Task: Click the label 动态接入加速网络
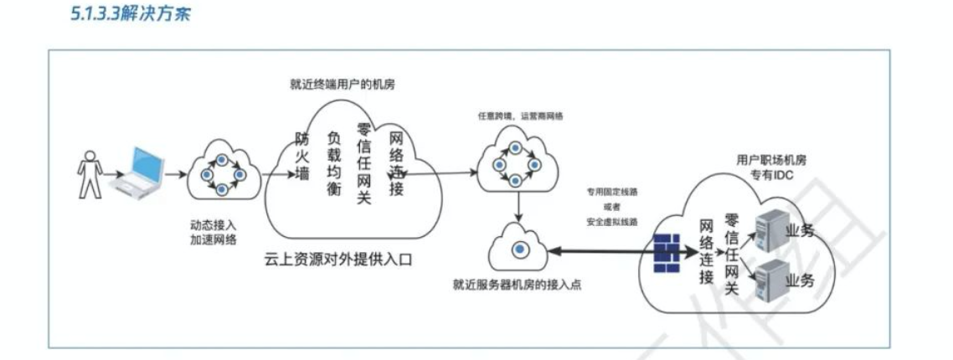point(213,234)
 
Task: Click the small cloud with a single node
point(519,247)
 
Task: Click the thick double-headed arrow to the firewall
point(599,249)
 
